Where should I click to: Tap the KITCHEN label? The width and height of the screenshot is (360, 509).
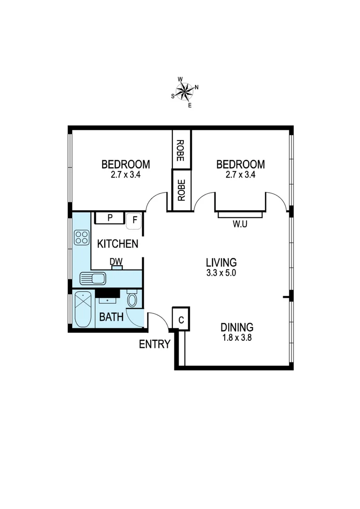[x=117, y=244]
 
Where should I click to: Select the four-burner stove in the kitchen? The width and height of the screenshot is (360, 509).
[x=82, y=237]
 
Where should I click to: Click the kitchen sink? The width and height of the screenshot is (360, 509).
[x=93, y=279]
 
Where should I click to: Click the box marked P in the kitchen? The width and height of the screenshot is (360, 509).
[x=109, y=218]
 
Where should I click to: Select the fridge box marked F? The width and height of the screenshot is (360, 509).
[x=134, y=220]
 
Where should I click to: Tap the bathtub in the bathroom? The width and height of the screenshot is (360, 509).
[x=83, y=310]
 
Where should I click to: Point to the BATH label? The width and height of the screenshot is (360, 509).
[x=111, y=317]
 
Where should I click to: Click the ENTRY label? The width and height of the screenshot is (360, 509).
[x=154, y=345]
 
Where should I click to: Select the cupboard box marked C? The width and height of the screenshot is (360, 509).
[x=181, y=319]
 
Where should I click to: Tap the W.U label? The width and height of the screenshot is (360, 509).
[x=240, y=224]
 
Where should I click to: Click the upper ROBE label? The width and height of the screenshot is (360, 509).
[x=180, y=151]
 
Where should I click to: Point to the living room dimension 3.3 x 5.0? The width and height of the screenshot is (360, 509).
[x=221, y=273]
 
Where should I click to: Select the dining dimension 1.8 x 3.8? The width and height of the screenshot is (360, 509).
[x=237, y=337]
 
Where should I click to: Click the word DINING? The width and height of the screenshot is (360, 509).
[x=237, y=327]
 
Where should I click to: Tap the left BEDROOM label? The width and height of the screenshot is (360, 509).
[x=126, y=164]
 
